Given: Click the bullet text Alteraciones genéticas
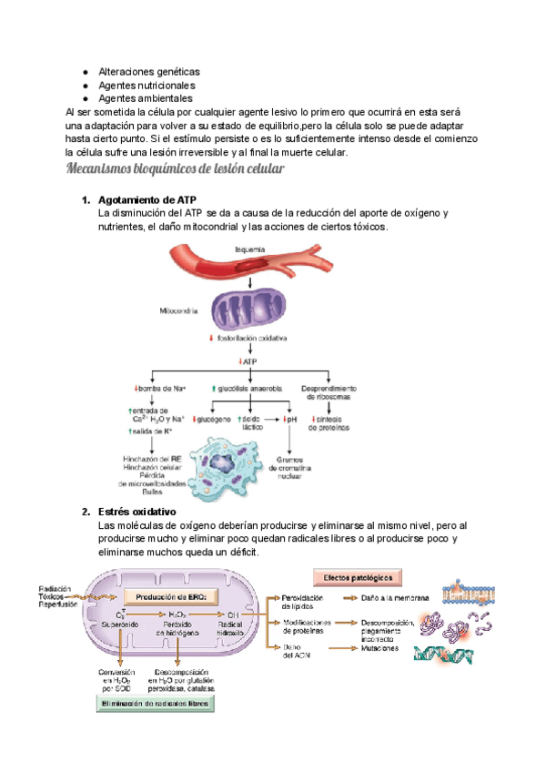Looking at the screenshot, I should click(148, 71).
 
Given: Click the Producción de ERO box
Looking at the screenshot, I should click(172, 597).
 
